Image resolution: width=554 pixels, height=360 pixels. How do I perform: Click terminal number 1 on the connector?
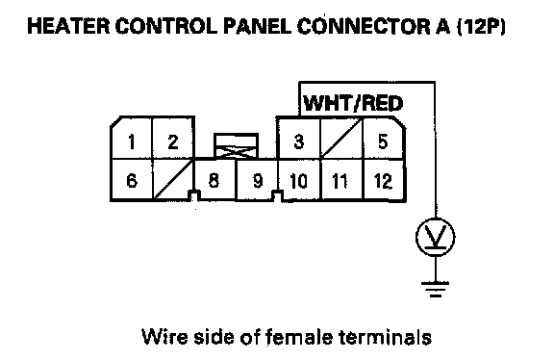132,138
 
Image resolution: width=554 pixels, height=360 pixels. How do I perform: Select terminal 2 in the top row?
173,138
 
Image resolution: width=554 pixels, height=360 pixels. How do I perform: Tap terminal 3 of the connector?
299,139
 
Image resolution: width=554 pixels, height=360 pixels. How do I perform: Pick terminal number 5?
384,139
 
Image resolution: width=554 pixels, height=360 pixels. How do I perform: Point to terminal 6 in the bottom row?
132,180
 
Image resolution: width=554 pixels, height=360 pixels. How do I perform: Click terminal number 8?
214,180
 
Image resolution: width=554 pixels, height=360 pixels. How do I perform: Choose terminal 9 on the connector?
257,180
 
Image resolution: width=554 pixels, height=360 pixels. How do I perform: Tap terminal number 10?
299,180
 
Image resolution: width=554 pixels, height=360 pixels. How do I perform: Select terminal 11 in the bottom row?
340,180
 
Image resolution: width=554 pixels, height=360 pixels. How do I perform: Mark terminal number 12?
384,180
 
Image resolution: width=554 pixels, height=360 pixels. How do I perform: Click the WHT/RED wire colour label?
353,103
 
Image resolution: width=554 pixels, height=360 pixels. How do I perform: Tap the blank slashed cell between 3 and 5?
341,139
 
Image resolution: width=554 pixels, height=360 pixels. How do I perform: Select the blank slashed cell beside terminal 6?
173,180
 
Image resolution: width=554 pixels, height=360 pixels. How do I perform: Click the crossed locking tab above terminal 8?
236,146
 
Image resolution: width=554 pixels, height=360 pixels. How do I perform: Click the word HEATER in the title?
68,26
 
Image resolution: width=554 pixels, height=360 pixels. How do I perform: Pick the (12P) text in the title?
482,27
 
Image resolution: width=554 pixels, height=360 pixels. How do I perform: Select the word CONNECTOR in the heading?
365,26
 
